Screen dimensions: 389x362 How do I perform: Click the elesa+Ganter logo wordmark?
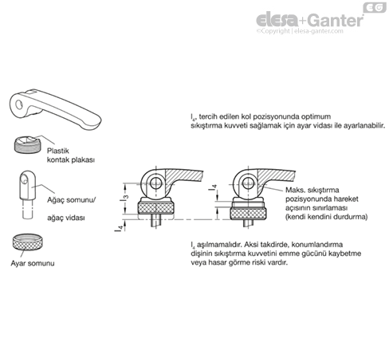[x=309, y=20]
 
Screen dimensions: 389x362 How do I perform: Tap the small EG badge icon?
[x=375, y=7]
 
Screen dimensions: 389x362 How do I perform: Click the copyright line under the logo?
[x=300, y=31]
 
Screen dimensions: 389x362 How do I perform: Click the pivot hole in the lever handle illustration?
[x=19, y=104]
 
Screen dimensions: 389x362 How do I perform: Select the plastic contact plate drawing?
[x=27, y=144]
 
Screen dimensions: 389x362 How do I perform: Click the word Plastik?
[x=58, y=151]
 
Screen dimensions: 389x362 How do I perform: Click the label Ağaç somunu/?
[x=71, y=200]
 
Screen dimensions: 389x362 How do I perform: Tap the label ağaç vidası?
[x=66, y=218]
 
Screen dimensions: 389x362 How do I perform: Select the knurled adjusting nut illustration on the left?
[x=27, y=242]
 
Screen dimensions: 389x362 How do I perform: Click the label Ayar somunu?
[x=33, y=263]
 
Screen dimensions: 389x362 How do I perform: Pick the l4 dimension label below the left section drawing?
[x=119, y=228]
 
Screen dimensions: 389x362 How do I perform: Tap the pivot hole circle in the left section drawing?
[x=155, y=183]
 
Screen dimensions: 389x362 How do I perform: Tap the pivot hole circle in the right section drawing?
[x=248, y=183]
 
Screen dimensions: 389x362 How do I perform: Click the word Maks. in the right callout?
[x=295, y=190]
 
